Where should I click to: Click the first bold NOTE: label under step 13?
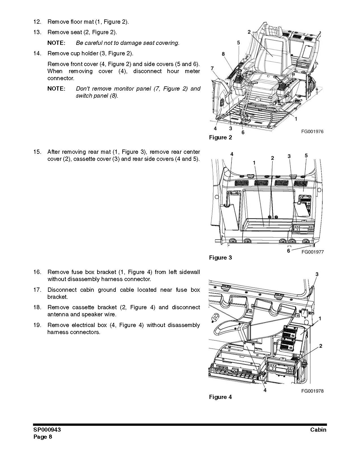(x=56, y=43)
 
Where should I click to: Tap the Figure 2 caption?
(x=220, y=137)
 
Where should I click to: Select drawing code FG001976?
(x=312, y=131)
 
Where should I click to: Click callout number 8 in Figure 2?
(x=223, y=54)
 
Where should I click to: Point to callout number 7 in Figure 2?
(x=212, y=68)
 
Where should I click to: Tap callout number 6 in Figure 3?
(x=288, y=251)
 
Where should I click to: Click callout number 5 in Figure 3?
(x=306, y=155)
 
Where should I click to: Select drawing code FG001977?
(x=312, y=252)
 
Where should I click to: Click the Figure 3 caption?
(x=220, y=258)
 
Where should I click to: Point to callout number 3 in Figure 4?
(x=317, y=274)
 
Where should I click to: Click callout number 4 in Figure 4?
(x=265, y=390)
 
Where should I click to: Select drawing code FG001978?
(x=312, y=391)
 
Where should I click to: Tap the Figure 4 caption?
(x=220, y=397)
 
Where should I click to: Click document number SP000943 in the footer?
(x=47, y=430)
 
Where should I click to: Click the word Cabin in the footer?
(x=318, y=430)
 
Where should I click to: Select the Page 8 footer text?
(x=43, y=437)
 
